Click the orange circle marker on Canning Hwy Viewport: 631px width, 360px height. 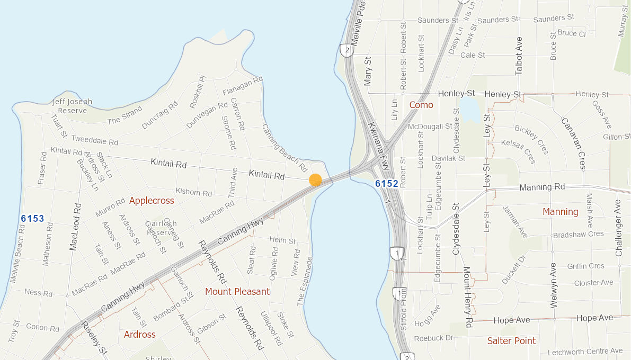(x=315, y=180)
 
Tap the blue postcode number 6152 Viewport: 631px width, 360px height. (x=386, y=184)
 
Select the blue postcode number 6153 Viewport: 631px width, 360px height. (x=32, y=218)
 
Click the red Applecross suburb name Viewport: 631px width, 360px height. (x=152, y=201)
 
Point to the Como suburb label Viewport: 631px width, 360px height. (x=421, y=105)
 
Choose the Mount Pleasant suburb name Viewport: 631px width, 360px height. (x=237, y=292)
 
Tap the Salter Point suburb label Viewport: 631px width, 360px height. (x=511, y=341)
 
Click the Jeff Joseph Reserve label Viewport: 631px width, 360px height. (x=73, y=106)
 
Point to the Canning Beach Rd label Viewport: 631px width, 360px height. (x=285, y=145)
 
